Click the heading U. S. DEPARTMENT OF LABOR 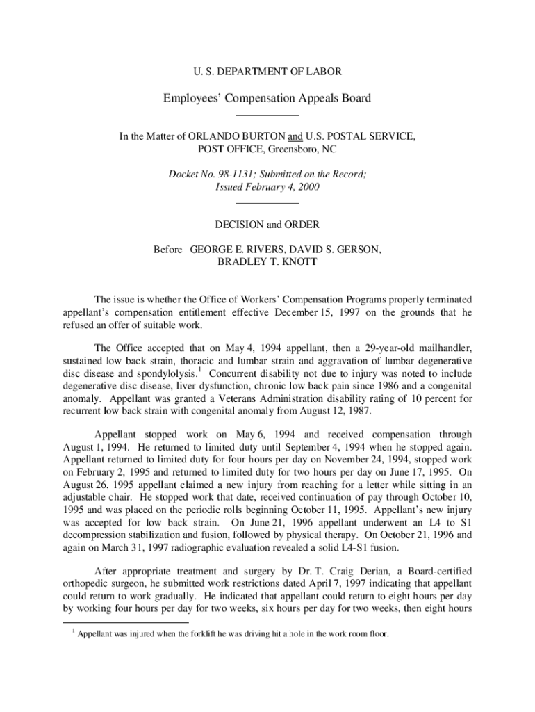point(267,71)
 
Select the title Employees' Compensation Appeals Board point(267,98)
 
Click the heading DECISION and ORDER point(267,225)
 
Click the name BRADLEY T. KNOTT point(267,262)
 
